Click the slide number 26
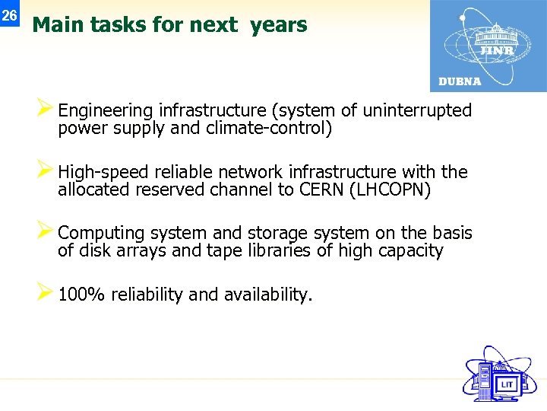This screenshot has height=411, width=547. point(9,15)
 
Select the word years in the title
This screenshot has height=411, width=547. point(279,25)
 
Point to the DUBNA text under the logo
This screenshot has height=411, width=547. point(460,81)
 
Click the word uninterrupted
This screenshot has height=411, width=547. point(417,111)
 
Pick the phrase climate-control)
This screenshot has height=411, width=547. point(269,128)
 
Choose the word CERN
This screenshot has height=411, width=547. point(320,190)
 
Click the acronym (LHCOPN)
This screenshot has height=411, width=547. point(390,190)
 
